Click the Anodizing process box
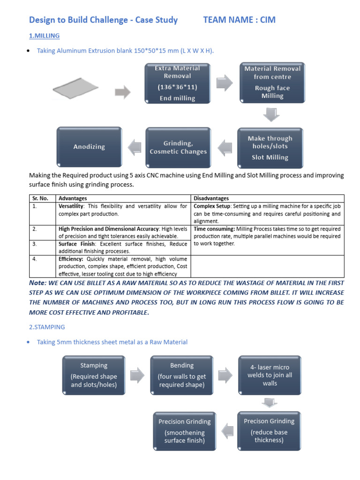click(x=89, y=147)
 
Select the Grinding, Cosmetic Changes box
click(x=178, y=147)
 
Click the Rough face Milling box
click(x=272, y=82)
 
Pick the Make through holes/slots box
click(x=270, y=148)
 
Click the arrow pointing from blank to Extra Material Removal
click(x=123, y=92)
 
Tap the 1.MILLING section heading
click(x=44, y=36)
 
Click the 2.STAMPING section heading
click(x=47, y=327)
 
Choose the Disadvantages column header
click(x=211, y=198)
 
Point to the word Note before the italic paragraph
click(x=37, y=283)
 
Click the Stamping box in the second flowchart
click(x=94, y=375)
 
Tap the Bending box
click(x=182, y=375)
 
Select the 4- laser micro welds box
click(x=270, y=375)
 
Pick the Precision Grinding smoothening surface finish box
click(x=185, y=431)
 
